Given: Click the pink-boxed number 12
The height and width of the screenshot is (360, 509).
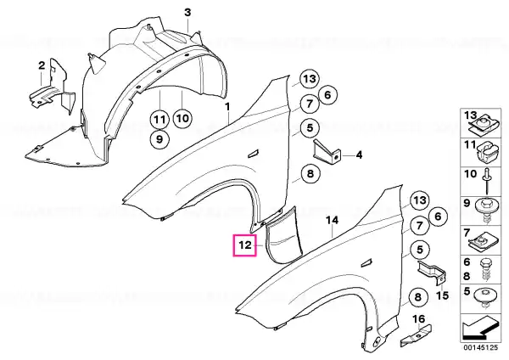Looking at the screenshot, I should tap(244, 246).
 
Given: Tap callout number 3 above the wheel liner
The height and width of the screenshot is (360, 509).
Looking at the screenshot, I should tap(187, 11).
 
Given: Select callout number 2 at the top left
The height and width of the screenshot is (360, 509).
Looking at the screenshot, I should tap(40, 65).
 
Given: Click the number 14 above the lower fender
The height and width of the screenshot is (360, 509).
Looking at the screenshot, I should tap(333, 221).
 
